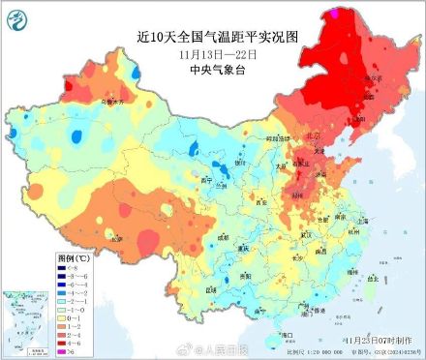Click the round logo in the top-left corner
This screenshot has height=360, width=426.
coord(17,17)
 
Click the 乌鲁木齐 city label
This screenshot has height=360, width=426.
coord(113,101)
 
